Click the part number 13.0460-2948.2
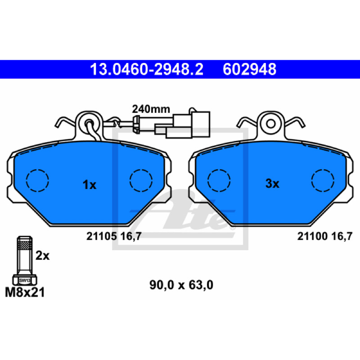147,69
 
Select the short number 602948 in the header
249,69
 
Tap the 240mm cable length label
151,109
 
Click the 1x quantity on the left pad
89,184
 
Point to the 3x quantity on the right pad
272,184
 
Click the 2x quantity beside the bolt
42,255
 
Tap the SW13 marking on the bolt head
25,280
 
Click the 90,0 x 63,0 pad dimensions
181,285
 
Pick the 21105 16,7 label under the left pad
114,236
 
